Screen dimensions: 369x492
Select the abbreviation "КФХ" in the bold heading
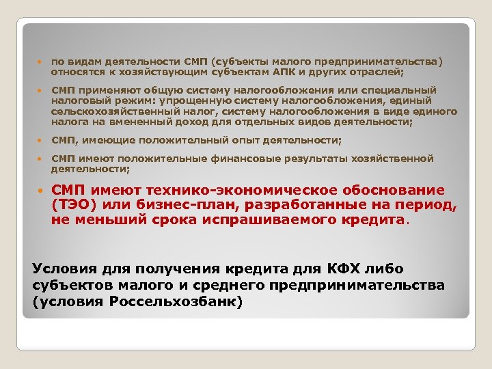coord(314,267)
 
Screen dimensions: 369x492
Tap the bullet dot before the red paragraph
coord(41,191)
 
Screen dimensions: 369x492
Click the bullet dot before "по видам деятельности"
coord(41,62)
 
